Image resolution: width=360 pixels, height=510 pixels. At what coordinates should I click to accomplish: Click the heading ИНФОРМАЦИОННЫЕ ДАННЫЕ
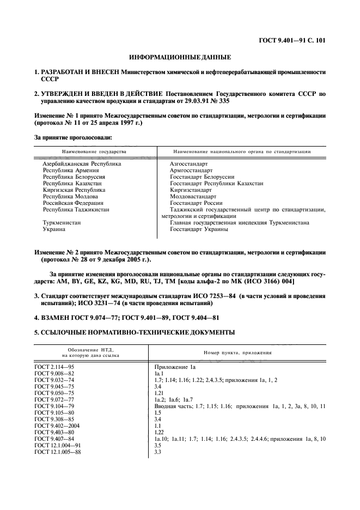(180, 57)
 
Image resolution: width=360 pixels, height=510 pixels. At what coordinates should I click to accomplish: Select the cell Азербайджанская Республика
(82, 163)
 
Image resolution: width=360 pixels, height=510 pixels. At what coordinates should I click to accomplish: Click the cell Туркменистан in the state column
(62, 223)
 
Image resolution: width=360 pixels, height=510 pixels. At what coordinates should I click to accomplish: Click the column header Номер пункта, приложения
(237, 353)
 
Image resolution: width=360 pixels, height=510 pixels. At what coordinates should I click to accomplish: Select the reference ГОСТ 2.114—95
(54, 368)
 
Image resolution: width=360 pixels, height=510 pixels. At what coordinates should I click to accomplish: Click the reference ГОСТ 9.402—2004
(57, 425)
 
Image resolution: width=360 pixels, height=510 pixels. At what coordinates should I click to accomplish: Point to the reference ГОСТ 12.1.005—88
(57, 452)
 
